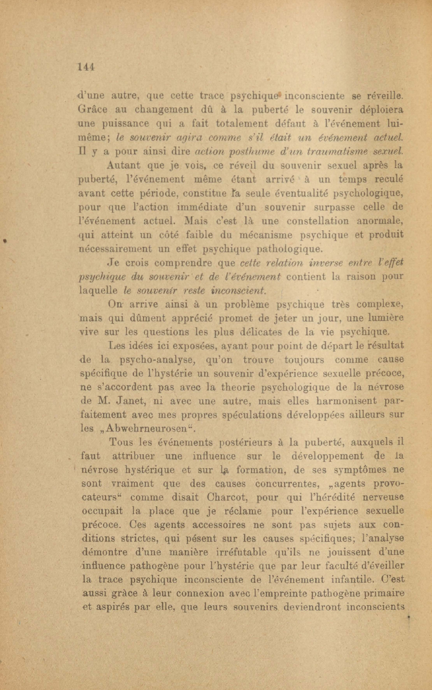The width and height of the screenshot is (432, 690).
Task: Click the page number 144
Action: click(86, 67)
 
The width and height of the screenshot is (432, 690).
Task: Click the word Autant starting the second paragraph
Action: click(123, 165)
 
